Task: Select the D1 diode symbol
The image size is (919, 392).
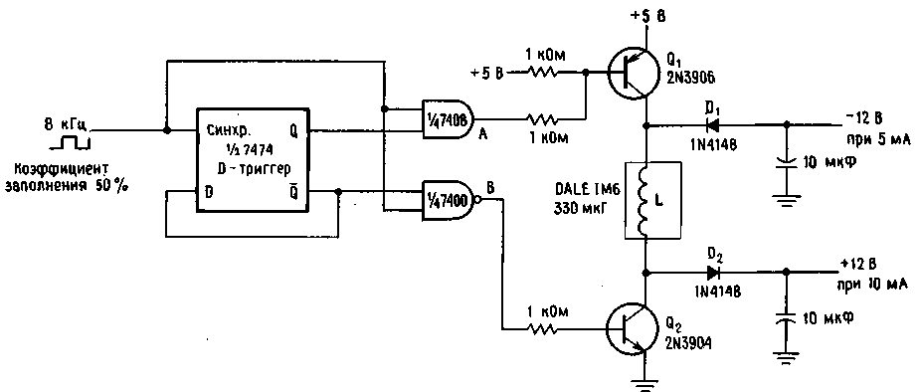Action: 714,124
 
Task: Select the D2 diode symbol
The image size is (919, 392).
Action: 713,272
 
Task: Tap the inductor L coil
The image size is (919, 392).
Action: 645,201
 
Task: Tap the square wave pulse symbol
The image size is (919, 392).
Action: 70,142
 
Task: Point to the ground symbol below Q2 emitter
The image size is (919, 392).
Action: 645,383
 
